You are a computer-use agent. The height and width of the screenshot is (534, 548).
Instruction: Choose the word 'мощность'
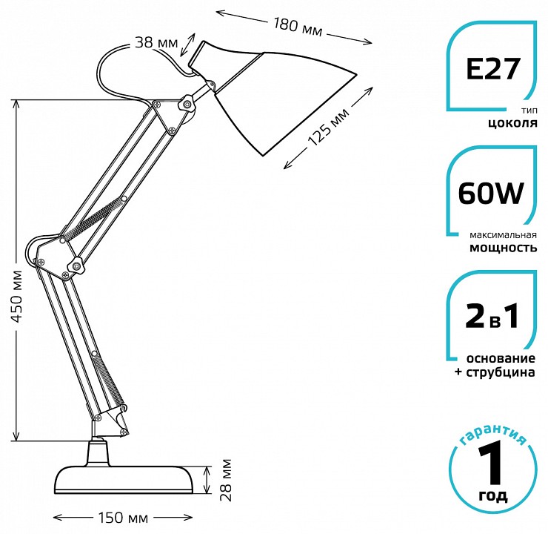[503, 248]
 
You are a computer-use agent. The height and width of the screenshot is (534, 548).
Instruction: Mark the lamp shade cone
[281, 96]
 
